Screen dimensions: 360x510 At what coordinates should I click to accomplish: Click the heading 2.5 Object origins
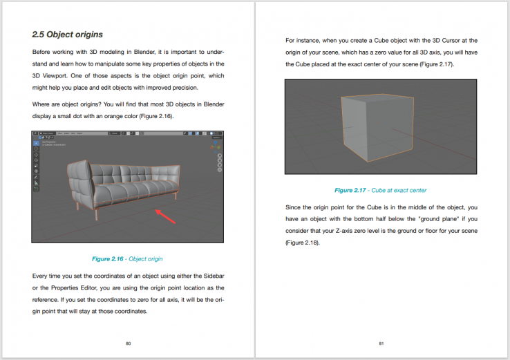pyautogui.click(x=68, y=34)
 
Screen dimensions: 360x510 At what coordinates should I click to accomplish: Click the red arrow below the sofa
pyautogui.click(x=169, y=216)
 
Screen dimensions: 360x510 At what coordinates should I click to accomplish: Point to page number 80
pyautogui.click(x=128, y=343)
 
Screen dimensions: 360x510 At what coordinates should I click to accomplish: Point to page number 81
pyautogui.click(x=381, y=343)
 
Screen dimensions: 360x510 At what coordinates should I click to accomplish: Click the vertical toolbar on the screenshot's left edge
pyautogui.click(x=36, y=166)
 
